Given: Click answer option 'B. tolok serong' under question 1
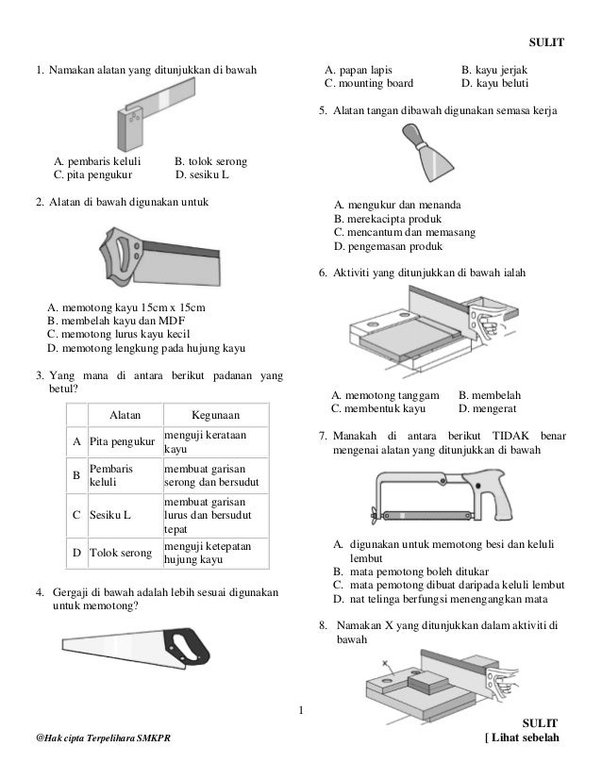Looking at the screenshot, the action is coord(210,161).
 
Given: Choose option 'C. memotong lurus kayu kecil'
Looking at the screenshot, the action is coord(118,334).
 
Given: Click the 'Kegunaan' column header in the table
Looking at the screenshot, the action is coord(216,415).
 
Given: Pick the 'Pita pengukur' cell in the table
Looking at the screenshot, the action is coord(123,441).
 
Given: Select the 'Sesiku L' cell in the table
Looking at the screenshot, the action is coord(109,515).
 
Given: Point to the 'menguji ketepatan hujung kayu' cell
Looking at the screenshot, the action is coord(208,553).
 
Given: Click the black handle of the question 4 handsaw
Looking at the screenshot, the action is coord(186,647).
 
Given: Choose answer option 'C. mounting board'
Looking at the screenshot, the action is coord(369,83).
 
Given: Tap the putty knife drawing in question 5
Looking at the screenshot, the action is coord(427,152).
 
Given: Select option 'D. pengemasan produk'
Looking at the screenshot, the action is coord(388,246).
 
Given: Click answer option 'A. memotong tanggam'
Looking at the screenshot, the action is coord(385,395).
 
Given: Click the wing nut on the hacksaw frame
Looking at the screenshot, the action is coord(375,516).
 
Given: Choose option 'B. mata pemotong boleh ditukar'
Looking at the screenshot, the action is coord(411,572).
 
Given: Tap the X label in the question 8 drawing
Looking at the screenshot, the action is coord(385,663).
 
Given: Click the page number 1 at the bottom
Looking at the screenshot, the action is coord(301,710).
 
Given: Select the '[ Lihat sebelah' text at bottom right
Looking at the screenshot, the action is coord(522,738).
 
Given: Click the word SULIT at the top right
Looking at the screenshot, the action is coord(546,42).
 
